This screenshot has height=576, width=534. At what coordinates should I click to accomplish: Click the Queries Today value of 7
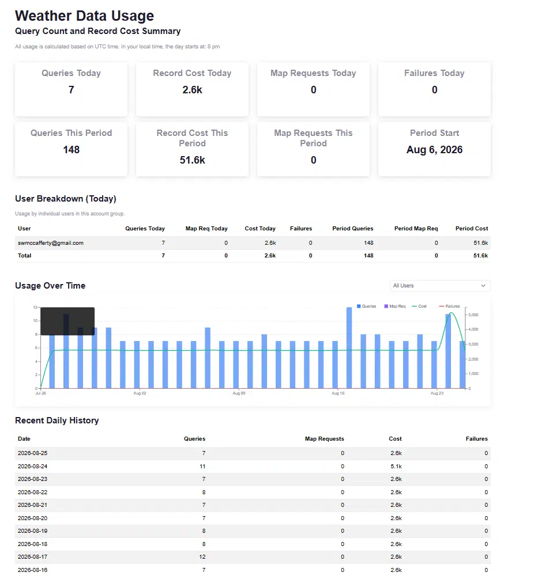coord(71,90)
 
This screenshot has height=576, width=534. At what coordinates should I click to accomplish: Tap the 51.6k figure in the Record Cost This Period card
coord(193,160)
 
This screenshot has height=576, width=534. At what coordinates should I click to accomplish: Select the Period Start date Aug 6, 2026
coord(434,150)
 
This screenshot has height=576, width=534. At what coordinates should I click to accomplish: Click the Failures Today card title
coord(434,73)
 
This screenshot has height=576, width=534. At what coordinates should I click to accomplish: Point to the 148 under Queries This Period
coord(71,150)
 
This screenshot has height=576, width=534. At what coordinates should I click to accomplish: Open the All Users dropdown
coord(440,286)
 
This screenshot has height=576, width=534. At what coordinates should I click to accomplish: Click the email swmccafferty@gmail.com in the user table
coord(51,243)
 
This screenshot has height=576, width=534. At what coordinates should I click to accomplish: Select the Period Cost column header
coord(472,229)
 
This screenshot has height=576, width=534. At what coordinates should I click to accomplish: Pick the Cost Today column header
coord(260,229)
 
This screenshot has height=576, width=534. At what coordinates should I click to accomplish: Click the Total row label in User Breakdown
coord(25,256)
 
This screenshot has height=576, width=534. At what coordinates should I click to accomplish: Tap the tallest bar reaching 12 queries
coord(349,347)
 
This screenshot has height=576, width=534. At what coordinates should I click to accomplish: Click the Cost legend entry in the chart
coord(419,306)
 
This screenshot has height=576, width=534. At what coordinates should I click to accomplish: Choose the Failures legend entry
coord(449,306)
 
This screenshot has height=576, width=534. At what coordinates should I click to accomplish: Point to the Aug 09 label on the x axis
coord(239,393)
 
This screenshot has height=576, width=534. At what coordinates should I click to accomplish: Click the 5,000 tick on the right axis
coord(473,315)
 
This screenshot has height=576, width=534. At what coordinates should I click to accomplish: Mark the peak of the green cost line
coord(452,313)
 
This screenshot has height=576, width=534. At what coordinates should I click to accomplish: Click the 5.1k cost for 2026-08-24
coord(396,466)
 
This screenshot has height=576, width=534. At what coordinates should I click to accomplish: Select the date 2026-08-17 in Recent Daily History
coord(32,557)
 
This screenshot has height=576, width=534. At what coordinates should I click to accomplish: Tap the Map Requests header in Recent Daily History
coord(324,438)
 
